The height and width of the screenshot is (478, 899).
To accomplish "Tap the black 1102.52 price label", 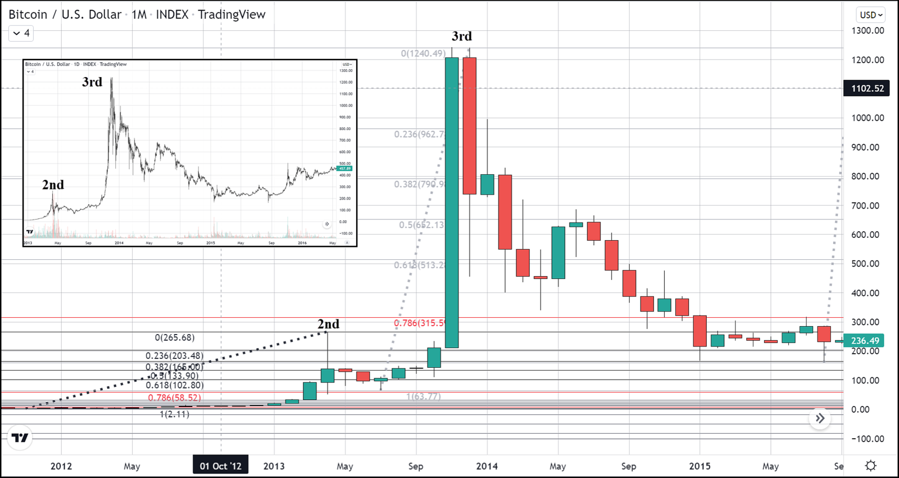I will click(x=867, y=88).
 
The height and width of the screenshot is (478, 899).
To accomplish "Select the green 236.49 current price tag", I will click(x=865, y=341).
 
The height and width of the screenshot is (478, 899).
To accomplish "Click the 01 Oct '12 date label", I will click(x=220, y=466).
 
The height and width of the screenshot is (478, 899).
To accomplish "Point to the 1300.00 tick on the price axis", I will click(x=868, y=31).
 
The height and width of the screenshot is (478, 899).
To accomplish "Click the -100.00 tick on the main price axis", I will click(x=867, y=439).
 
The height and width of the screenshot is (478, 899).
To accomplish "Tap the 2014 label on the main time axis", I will click(x=487, y=466).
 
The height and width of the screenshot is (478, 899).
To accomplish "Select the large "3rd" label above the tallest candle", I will click(x=462, y=37).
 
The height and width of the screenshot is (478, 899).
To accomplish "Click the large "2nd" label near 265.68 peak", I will click(x=328, y=324).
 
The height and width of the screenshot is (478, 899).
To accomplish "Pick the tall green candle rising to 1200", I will click(x=451, y=202).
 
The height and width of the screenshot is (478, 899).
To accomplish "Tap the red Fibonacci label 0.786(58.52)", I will click(x=174, y=398).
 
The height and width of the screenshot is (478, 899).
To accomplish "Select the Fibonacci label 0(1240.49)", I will click(x=423, y=53).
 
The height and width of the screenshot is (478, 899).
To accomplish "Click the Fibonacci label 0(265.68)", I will click(x=175, y=337).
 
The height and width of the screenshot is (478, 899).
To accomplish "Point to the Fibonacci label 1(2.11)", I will click(x=174, y=414).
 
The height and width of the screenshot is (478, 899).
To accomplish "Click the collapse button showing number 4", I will click(x=21, y=33).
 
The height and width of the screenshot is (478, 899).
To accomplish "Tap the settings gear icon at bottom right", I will click(x=870, y=466).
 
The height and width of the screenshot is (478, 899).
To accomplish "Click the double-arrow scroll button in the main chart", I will click(x=820, y=418).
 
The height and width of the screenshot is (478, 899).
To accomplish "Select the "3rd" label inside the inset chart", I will click(x=92, y=82).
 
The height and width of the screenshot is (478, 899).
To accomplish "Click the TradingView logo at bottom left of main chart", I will click(x=20, y=438).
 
